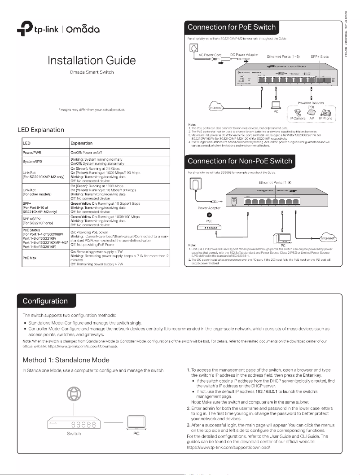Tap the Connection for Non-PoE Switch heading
(240, 161)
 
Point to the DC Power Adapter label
(244, 54)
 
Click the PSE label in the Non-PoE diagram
(209, 220)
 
